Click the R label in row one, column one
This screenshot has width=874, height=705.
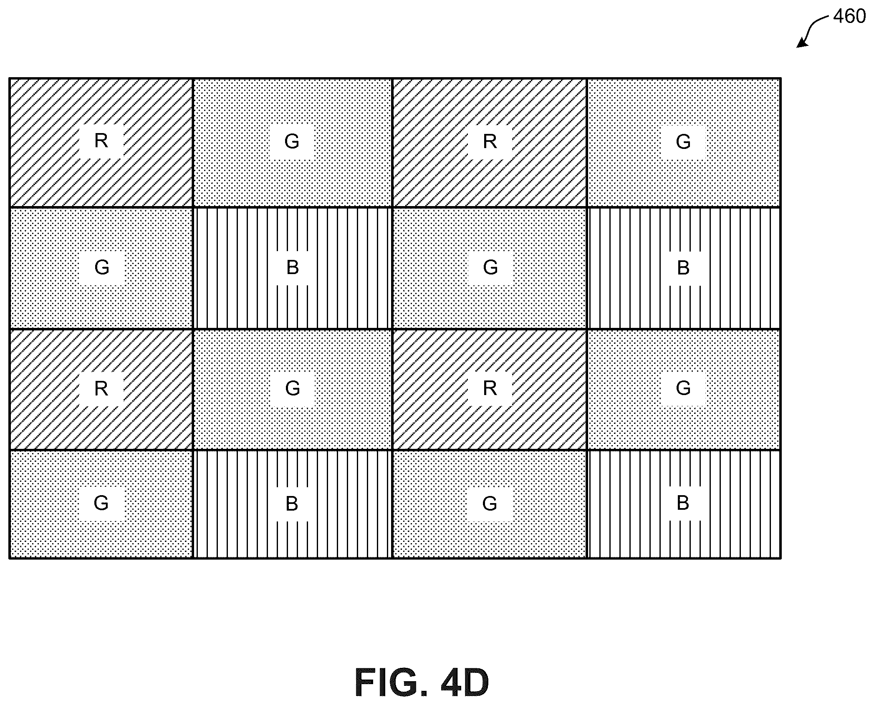click(101, 141)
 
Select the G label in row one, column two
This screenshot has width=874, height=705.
click(292, 141)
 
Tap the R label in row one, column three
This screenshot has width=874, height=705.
click(490, 141)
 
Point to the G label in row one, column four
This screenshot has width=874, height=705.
click(683, 142)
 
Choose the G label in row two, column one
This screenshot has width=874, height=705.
click(102, 267)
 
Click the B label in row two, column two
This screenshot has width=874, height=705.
click(293, 267)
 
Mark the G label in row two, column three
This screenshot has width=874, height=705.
click(490, 267)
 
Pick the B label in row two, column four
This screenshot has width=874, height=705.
click(683, 268)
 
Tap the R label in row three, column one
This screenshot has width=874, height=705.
click(101, 389)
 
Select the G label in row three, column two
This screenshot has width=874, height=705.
click(293, 388)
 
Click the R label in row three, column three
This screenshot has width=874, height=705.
click(490, 389)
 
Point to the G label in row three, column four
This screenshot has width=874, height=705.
click(683, 388)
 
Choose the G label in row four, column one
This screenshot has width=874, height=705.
click(101, 503)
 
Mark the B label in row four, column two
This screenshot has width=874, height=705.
click(292, 504)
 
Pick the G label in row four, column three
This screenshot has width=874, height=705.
click(490, 504)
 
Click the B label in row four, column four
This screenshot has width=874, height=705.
click(683, 503)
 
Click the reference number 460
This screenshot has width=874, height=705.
click(849, 17)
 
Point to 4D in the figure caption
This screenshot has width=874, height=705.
click(465, 682)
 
